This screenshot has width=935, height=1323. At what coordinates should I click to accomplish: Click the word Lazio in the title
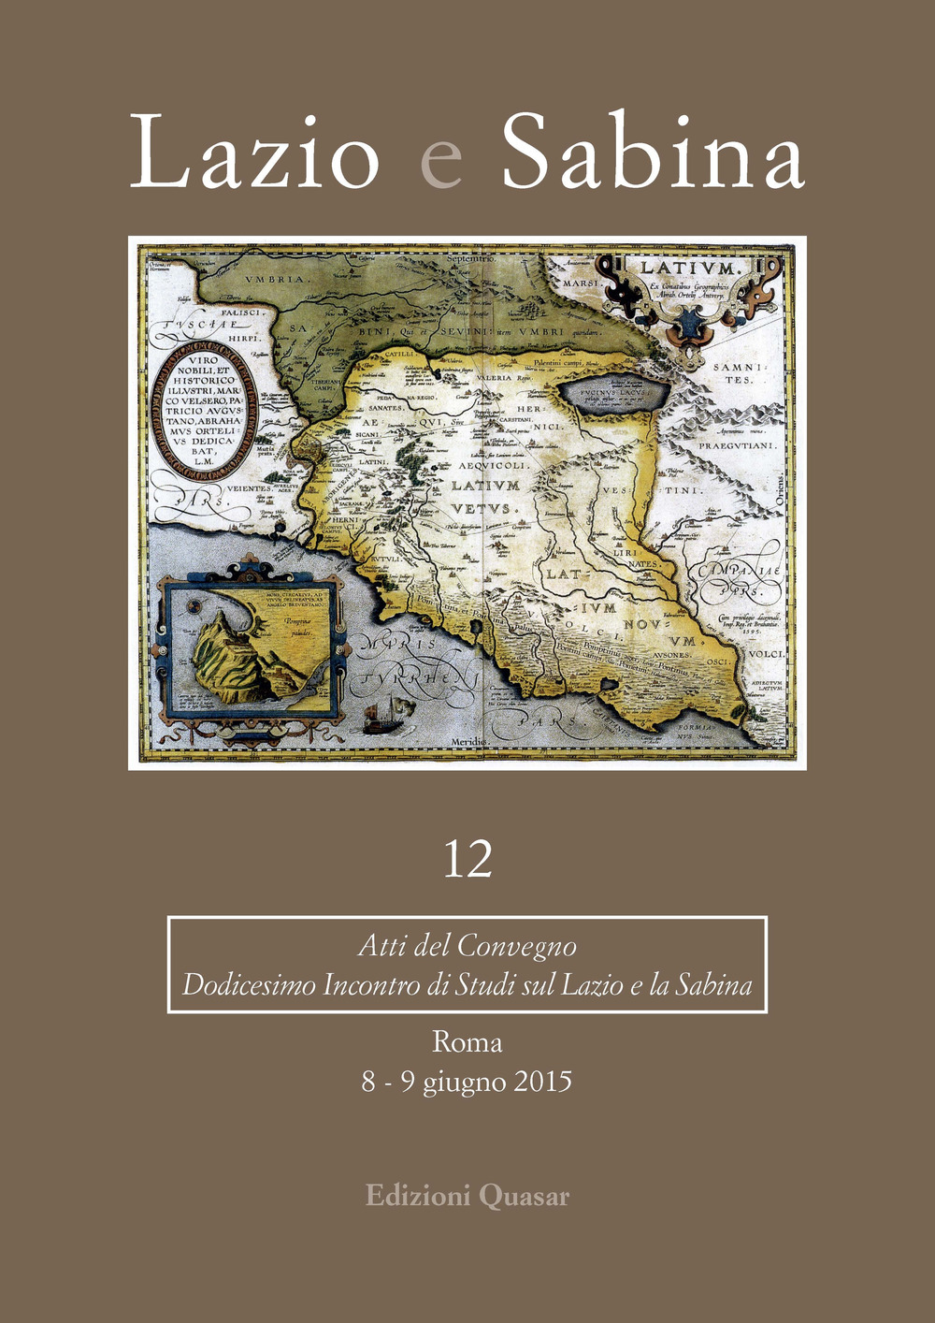[x=254, y=153]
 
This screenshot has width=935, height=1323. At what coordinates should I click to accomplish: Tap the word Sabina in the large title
[x=653, y=153]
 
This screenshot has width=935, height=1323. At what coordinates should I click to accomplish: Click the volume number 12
[x=467, y=859]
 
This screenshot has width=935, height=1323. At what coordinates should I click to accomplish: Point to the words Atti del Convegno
[x=467, y=946]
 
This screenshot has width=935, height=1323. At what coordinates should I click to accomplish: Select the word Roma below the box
[x=467, y=1041]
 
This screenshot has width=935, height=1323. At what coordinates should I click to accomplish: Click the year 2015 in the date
[x=541, y=1082]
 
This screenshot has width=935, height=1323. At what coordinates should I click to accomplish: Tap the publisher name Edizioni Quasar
[x=467, y=1196]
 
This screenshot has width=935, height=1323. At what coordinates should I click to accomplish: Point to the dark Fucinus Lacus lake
[x=613, y=393]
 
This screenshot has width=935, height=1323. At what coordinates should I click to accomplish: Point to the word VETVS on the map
[x=481, y=509]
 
